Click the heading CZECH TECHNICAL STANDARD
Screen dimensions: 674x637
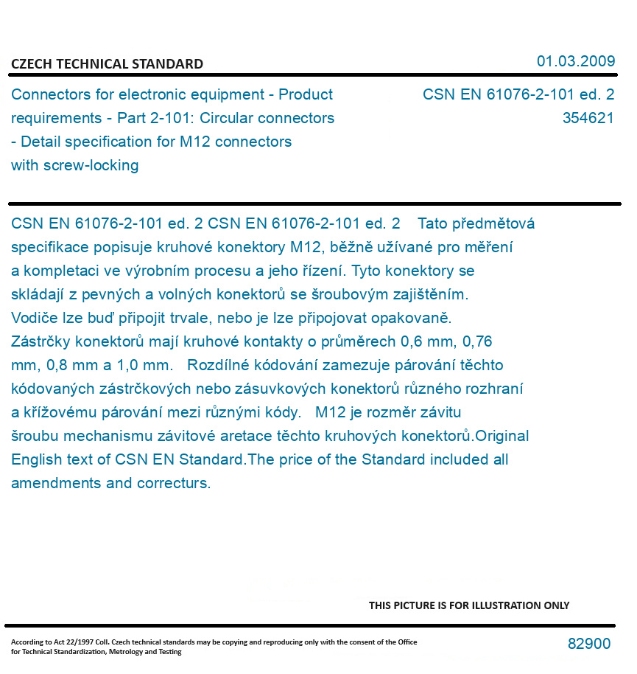(107, 64)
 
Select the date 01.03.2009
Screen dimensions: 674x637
(576, 61)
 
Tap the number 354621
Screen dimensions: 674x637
(588, 118)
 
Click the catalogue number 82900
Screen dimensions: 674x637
(589, 644)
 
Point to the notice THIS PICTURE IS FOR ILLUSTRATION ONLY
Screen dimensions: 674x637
(469, 605)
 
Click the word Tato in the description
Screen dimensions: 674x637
(434, 223)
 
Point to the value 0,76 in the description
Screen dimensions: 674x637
(477, 341)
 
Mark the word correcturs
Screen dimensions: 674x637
(174, 483)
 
